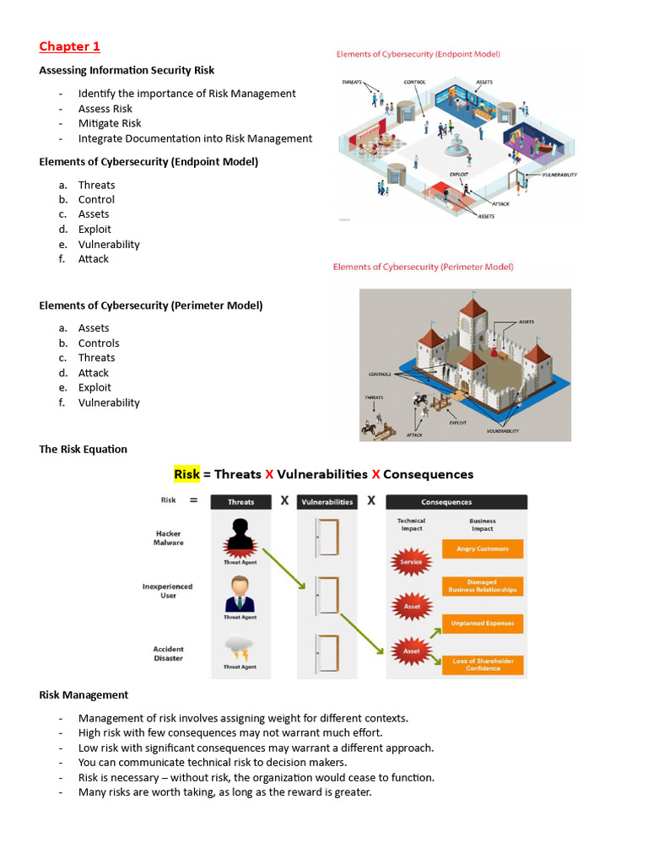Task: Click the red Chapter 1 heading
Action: click(69, 46)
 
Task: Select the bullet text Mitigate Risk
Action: click(110, 123)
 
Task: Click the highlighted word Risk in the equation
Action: click(186, 474)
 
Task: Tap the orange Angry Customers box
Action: click(483, 549)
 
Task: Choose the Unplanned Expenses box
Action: click(483, 624)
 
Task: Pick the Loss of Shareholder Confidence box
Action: click(483, 665)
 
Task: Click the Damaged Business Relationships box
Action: click(483, 586)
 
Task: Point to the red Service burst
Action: click(412, 561)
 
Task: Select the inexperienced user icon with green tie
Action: click(240, 593)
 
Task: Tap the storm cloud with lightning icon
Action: click(240, 648)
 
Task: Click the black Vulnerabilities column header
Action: click(327, 502)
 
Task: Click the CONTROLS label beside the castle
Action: click(381, 375)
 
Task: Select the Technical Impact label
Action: click(412, 525)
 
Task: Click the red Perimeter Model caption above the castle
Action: click(423, 267)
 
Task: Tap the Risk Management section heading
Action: click(84, 694)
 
